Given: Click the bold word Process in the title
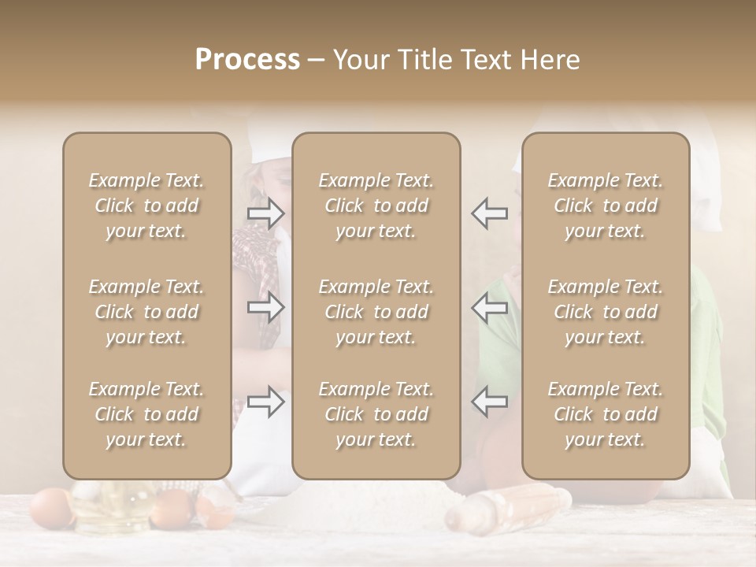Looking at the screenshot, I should click(x=247, y=60).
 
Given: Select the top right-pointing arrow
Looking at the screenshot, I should click(x=265, y=213).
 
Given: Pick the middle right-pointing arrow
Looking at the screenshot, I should click(x=265, y=307).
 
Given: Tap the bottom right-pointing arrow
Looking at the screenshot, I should click(x=265, y=402).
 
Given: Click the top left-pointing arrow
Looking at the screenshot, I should click(x=490, y=213).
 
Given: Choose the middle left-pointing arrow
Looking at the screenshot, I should click(x=490, y=307).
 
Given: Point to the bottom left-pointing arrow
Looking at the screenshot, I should click(x=490, y=402).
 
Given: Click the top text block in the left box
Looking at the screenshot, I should click(x=146, y=206).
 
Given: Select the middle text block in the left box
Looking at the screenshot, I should click(x=146, y=312).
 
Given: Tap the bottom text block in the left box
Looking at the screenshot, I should click(x=146, y=414).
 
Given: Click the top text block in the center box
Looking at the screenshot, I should click(x=376, y=206).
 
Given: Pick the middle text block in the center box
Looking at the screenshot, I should click(x=376, y=312).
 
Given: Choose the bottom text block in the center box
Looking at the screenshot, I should click(x=376, y=414).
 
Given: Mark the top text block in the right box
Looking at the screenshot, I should click(x=605, y=206).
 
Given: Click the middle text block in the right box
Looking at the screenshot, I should click(x=605, y=312).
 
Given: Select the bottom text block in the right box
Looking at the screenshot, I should click(x=605, y=414).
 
